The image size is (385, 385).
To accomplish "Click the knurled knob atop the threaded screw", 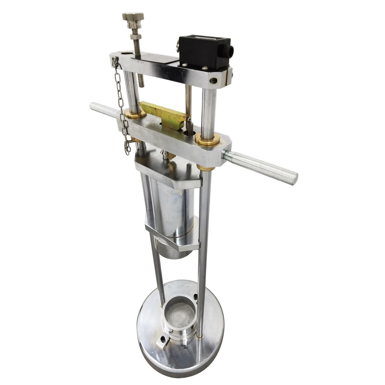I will (133, 17).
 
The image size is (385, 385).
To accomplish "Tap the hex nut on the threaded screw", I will (136, 37).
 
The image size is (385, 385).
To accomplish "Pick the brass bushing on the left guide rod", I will (135, 114).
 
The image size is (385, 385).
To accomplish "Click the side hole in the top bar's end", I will (213, 81).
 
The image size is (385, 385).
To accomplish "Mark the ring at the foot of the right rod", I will (199, 335).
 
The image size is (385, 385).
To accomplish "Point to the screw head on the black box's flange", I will (205, 68).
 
